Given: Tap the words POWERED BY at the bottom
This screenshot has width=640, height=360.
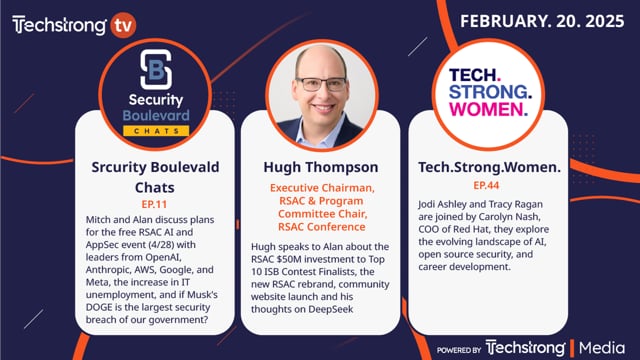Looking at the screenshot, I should tap(459, 348).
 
